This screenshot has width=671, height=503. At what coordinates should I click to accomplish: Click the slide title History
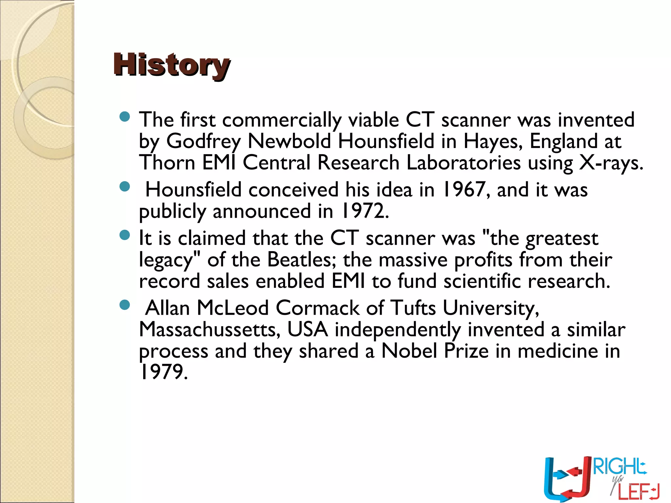coord(172,65)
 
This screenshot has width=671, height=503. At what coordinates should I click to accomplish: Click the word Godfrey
coord(203,141)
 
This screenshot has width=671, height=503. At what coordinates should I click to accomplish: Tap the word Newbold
coord(289,141)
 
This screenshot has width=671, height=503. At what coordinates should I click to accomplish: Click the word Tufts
coord(413,308)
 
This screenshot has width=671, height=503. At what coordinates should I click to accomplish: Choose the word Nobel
coord(409,351)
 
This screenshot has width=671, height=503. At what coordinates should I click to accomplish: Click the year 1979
coord(163,372)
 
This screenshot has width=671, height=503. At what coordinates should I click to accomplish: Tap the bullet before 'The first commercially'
coord(125,117)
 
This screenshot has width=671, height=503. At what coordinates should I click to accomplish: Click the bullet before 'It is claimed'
coord(125,235)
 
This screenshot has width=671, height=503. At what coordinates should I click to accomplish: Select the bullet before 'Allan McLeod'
coord(125,305)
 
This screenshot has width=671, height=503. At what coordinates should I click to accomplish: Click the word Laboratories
coord(463,163)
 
